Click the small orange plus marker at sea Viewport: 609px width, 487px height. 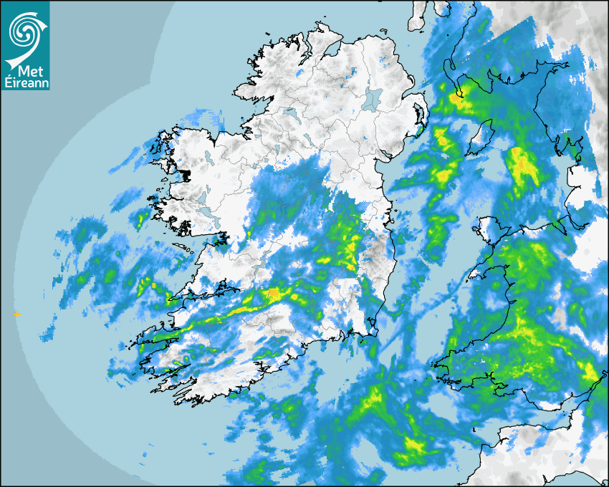(x=16, y=314)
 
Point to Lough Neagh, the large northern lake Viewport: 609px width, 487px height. (x=373, y=99)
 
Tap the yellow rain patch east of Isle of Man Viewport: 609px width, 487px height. (x=524, y=165)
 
